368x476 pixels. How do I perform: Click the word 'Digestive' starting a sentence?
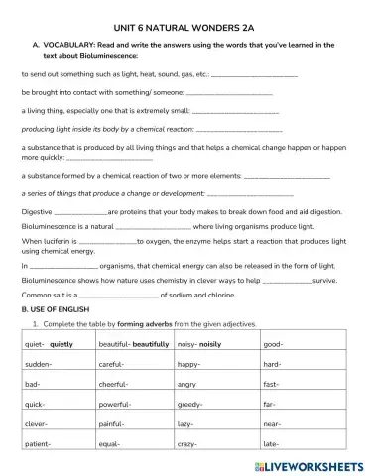[37, 211]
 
